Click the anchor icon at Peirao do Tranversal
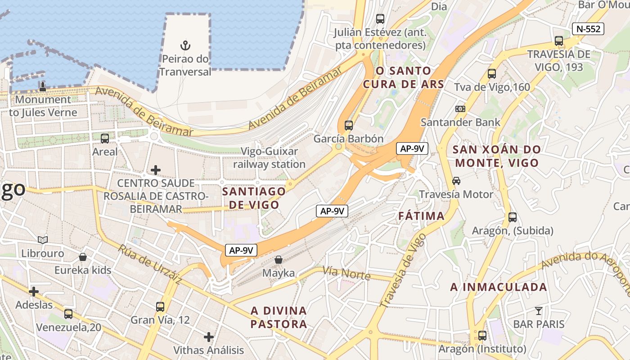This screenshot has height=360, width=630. click(184, 45)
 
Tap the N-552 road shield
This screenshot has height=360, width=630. click(588, 29)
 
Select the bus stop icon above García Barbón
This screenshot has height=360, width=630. click(348, 126)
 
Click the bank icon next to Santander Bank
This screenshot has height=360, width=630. click(460, 109)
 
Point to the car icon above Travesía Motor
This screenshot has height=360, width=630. click(456, 181)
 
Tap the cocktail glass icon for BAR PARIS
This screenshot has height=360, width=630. click(538, 310)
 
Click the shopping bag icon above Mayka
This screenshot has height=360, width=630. click(279, 260)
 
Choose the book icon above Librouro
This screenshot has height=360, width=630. click(43, 240)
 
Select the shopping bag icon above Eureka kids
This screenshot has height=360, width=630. click(83, 257)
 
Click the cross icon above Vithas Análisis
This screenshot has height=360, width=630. click(209, 337)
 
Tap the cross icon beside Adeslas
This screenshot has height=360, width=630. click(34, 292)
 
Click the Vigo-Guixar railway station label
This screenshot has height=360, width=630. click(269, 158)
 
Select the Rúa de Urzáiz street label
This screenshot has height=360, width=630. click(150, 265)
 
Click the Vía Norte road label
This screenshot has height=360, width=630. click(346, 273)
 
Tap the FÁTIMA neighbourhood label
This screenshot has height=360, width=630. click(422, 216)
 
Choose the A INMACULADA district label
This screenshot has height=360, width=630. click(499, 287)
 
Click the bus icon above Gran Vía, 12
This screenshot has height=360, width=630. click(160, 307)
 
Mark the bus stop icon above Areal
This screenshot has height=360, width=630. click(105, 139)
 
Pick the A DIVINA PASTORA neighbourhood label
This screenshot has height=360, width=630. click(279, 317)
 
